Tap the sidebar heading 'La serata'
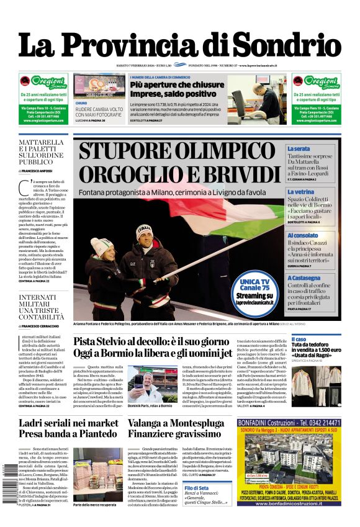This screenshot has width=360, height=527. point(299,149)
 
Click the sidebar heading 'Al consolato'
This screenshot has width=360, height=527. point(302,235)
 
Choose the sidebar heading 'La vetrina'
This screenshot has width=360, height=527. point(300,192)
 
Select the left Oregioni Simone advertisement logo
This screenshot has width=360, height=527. point(43,83)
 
